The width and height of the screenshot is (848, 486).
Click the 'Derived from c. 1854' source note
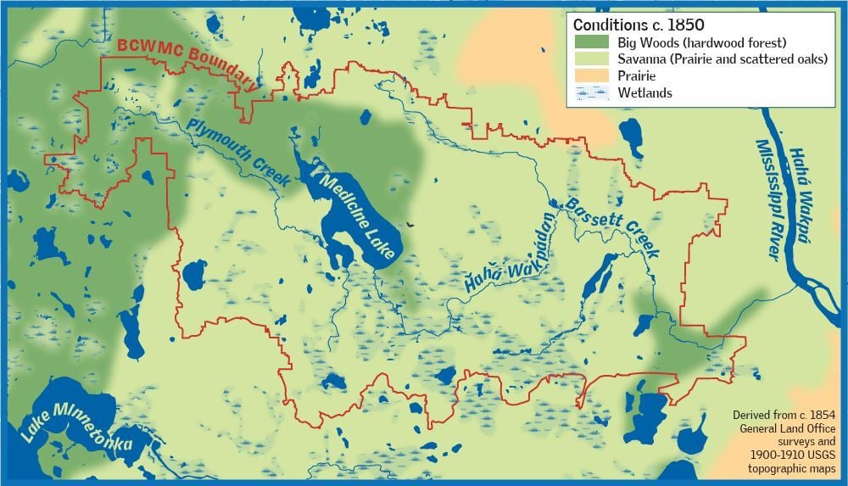point(784,416)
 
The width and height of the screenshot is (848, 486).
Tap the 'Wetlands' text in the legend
point(644,93)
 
